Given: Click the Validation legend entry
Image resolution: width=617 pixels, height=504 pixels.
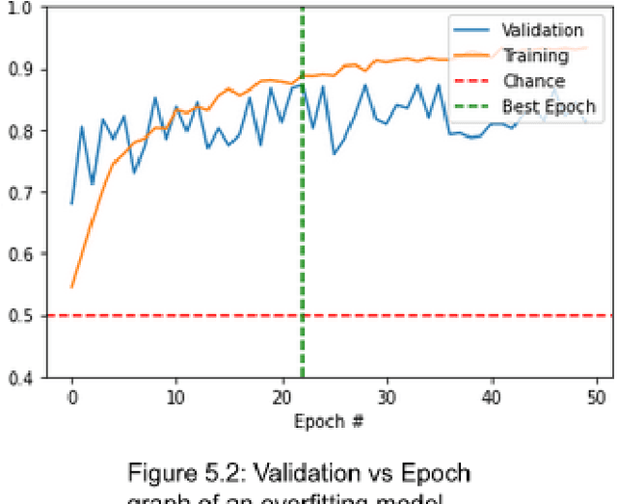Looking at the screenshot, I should coord(542,31).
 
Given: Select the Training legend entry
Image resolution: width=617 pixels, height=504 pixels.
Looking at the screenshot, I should coord(535,56).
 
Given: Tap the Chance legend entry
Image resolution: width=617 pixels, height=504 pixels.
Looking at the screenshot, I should coord(533,81).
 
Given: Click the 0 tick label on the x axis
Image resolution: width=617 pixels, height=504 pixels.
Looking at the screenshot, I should coord(72,396).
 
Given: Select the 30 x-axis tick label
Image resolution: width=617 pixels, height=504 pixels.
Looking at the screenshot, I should coord(387,396).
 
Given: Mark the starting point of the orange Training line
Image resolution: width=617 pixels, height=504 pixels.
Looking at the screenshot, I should coord(72,287).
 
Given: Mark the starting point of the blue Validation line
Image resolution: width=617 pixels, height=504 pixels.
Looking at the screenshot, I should coord(72,203).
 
